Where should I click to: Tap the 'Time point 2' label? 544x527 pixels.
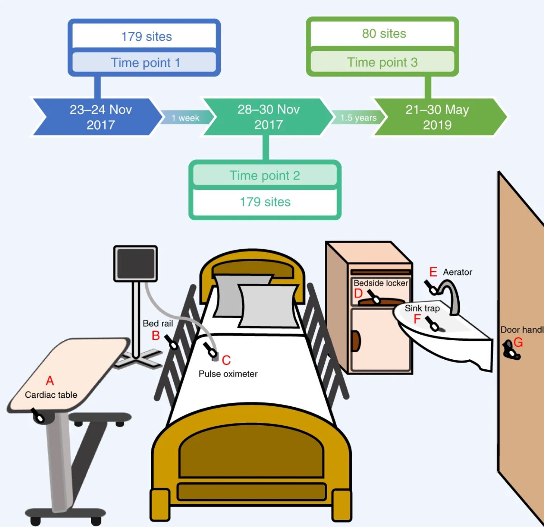(x=265, y=176)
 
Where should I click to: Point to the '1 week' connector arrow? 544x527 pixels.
(x=185, y=118)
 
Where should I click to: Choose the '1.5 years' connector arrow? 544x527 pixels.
(x=358, y=118)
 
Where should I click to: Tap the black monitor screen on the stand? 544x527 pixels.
(x=136, y=264)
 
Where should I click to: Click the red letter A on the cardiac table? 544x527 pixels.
(x=50, y=380)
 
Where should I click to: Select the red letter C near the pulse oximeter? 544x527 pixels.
(x=226, y=360)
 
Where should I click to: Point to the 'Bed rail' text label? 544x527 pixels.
(x=158, y=324)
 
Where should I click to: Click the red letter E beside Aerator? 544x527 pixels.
(x=433, y=272)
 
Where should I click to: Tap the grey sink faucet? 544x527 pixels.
(x=452, y=296)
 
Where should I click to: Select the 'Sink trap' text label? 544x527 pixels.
(x=422, y=308)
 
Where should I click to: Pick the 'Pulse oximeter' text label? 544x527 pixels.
(x=228, y=374)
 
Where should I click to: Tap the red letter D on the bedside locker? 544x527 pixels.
(x=358, y=293)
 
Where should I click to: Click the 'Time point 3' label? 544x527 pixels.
(x=383, y=62)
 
